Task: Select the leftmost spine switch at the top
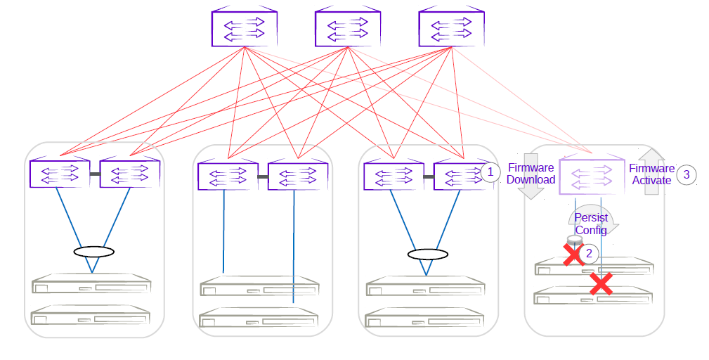(244, 28)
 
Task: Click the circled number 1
(490, 172)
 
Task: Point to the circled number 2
(590, 253)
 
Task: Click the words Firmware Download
(531, 174)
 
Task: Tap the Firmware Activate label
(651, 174)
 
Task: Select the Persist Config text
(591, 224)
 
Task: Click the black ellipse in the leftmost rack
(93, 252)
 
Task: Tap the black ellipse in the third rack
(427, 254)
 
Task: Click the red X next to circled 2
(573, 254)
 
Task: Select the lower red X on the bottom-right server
(600, 283)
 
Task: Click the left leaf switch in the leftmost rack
(59, 174)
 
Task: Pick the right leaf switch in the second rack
(298, 176)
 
